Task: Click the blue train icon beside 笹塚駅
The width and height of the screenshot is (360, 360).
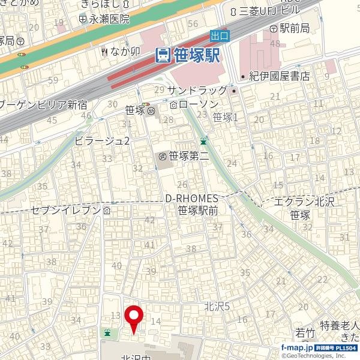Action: (x=162, y=55)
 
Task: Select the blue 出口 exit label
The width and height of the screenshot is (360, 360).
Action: (x=220, y=36)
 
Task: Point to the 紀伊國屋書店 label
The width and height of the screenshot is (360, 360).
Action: (x=279, y=76)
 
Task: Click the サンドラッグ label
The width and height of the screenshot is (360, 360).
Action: (x=197, y=90)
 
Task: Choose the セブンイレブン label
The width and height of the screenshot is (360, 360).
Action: (x=66, y=211)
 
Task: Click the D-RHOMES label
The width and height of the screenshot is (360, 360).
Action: (x=191, y=199)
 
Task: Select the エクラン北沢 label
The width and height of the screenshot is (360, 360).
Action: (x=303, y=202)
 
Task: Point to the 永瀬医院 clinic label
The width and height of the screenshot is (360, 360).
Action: (x=109, y=19)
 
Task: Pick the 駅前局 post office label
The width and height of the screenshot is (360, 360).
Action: (x=294, y=28)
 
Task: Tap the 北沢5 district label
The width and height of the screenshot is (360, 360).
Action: (x=217, y=306)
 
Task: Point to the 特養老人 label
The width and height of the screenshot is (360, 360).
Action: (x=338, y=325)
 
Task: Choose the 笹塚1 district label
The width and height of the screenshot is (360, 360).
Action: (x=226, y=118)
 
